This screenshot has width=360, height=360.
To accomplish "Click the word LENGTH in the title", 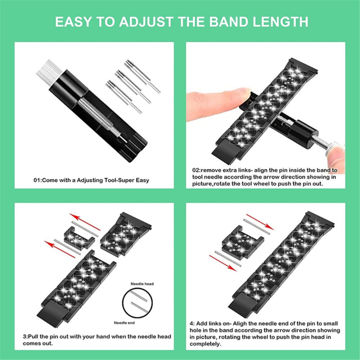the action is [x=280, y=22].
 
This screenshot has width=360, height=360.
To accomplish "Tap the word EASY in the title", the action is [x=73, y=22].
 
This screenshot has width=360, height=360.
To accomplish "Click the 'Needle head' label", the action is [x=142, y=284].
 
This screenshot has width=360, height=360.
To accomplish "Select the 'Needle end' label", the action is [x=124, y=323].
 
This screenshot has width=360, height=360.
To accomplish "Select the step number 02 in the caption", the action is [x=196, y=170].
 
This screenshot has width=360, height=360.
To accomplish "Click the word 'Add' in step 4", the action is [x=202, y=324].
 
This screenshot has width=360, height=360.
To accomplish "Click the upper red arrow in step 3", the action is [x=85, y=222].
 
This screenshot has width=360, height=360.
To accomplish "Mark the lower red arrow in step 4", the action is [x=223, y=263].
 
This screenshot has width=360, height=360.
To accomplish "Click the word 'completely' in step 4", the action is [x=205, y=344].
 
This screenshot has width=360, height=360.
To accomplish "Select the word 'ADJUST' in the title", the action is [x=146, y=22].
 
